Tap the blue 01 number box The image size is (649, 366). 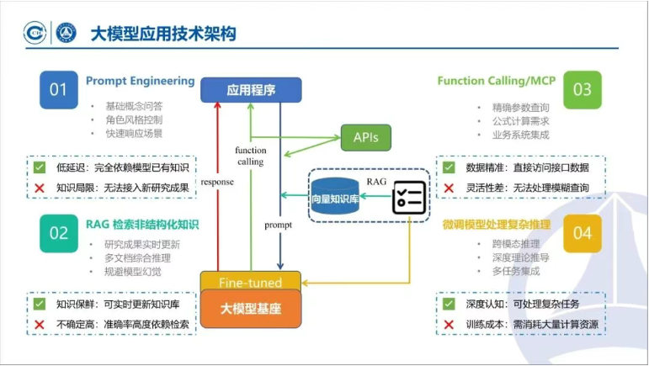click(x=58, y=90)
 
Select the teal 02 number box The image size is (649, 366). click(x=58, y=233)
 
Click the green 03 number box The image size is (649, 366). click(x=582, y=90)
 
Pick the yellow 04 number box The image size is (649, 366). click(x=582, y=233)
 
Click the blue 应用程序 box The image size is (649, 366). click(x=251, y=89)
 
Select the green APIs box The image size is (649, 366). click(x=366, y=136)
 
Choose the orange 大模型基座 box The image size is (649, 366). click(x=250, y=309)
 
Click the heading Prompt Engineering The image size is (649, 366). click(x=140, y=82)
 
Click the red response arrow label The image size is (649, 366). click(x=216, y=181)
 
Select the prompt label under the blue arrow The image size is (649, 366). click(x=278, y=225)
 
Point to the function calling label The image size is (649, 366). click(x=250, y=156)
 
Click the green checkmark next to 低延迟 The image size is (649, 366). click(x=39, y=167)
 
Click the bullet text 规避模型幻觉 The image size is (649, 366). click(x=127, y=271)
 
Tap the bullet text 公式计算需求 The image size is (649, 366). click(x=510, y=122)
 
